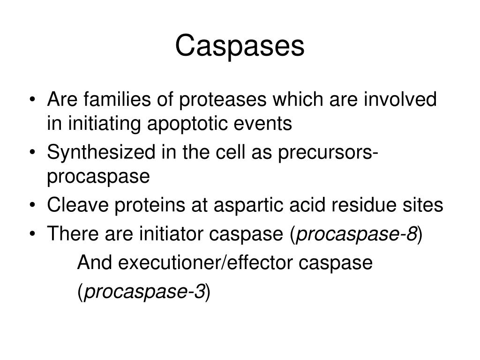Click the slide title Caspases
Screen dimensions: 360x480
point(240,46)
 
